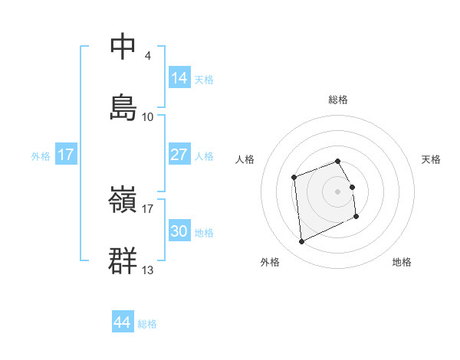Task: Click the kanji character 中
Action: click(x=123, y=46)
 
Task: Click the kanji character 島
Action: click(x=123, y=107)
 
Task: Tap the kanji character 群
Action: click(x=123, y=260)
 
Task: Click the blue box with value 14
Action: click(x=179, y=78)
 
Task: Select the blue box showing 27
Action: click(x=179, y=155)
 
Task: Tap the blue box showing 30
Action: click(x=179, y=231)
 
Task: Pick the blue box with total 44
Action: click(x=123, y=323)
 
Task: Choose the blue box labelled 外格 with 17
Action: click(x=66, y=155)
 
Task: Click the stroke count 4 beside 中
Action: click(x=147, y=56)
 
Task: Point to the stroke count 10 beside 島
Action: click(x=148, y=117)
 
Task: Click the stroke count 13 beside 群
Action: click(x=148, y=270)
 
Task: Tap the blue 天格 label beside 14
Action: click(x=204, y=80)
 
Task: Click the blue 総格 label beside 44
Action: click(x=147, y=324)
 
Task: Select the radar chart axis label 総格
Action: click(x=338, y=100)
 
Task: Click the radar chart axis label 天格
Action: click(x=431, y=159)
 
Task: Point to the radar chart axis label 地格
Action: click(x=402, y=262)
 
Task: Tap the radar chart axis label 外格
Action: click(x=270, y=262)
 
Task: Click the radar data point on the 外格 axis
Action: click(x=302, y=242)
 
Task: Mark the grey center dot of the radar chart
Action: click(x=338, y=190)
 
